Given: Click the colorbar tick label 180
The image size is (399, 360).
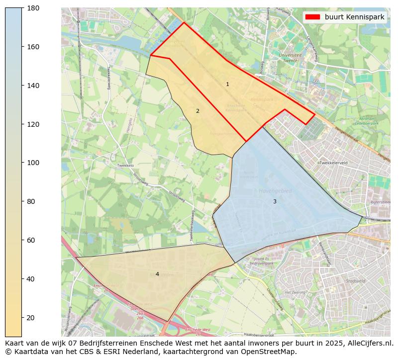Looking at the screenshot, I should pyautogui.click(x=34, y=8).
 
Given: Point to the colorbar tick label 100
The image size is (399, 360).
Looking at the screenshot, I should pyautogui.click(x=34, y=163).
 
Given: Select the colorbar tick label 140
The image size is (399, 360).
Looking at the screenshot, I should pyautogui.click(x=34, y=86).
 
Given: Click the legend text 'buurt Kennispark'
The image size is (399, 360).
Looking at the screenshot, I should pyautogui.click(x=354, y=17).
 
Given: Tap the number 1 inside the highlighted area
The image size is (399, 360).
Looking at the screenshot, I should pyautogui.click(x=227, y=85).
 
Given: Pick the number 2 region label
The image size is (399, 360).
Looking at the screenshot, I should pyautogui.click(x=198, y=111).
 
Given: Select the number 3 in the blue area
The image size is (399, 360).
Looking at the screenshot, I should pyautogui.click(x=274, y=202).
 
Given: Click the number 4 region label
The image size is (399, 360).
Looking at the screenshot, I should pyautogui.click(x=157, y=274).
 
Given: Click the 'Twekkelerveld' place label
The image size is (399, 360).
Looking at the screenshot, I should pyautogui.click(x=333, y=163).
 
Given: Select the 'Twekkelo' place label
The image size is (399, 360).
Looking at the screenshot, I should pyautogui.click(x=125, y=166).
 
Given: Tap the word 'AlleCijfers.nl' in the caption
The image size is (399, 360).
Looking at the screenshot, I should pyautogui.click(x=368, y=343).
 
